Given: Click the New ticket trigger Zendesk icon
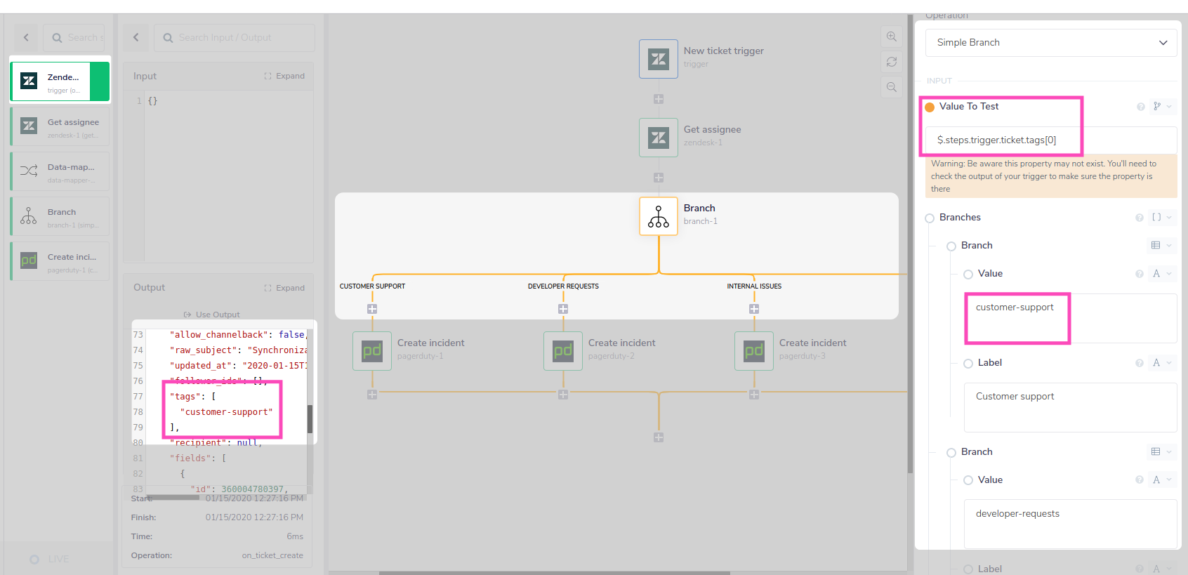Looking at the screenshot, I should coord(659,59).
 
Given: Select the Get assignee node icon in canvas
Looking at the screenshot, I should coord(659,138).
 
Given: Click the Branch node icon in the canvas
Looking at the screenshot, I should coord(659,216).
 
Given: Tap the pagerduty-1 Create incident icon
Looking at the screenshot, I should coord(372,351).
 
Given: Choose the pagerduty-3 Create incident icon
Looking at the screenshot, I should coord(754,351).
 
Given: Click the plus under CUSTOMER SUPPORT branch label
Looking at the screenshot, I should coord(372,309).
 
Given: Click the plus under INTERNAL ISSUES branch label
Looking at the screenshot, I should coord(754,309).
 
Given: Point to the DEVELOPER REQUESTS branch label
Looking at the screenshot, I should coord(563,286).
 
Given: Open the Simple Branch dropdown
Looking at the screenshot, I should coord(1050,43).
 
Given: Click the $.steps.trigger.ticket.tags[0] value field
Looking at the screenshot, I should coord(1050,140).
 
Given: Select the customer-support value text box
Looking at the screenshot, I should coord(1069,318).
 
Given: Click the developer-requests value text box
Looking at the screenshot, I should coord(1069,523).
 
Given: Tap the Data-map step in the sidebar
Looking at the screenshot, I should coord(60,171).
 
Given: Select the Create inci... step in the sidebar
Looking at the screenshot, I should coord(60,261).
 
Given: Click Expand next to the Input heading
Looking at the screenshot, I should coord(284,76).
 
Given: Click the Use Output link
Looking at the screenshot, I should coord(212,315).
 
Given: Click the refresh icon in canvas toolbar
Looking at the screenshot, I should coord(892,62).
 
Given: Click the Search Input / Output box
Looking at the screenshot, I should coord(235,38).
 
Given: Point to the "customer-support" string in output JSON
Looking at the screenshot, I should coord(229,412).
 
